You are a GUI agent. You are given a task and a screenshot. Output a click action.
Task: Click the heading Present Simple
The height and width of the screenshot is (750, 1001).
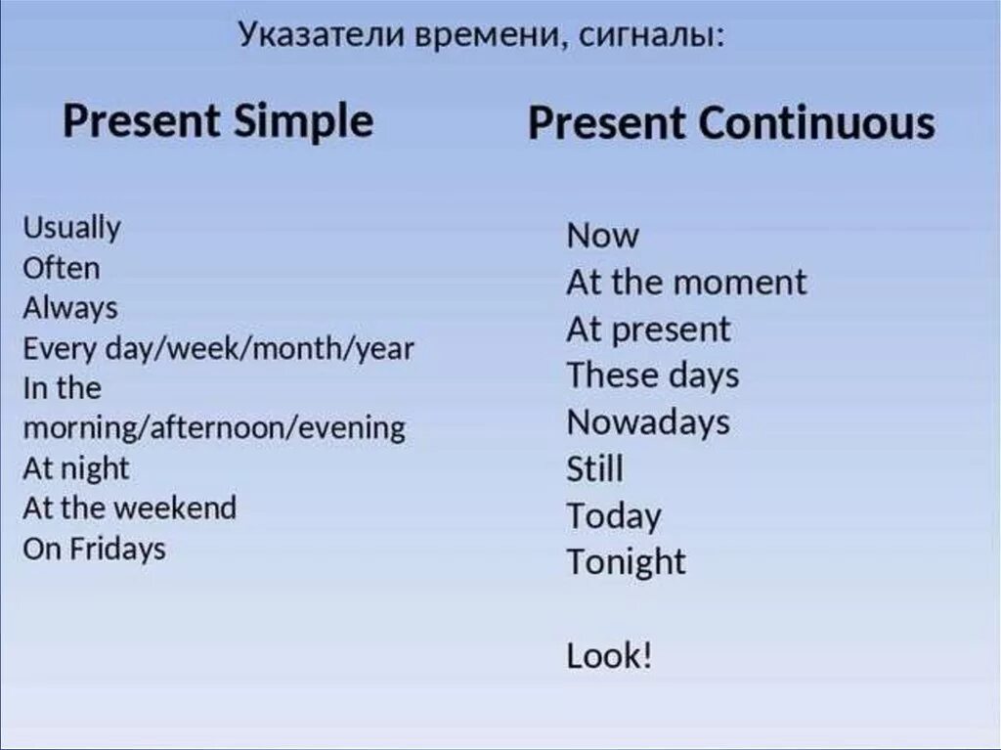pyautogui.click(x=218, y=123)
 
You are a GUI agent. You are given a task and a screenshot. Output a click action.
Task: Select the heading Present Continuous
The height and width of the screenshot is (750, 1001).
pyautogui.click(x=731, y=124)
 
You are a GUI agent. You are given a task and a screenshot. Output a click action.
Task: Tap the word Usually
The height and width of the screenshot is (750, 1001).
pyautogui.click(x=71, y=229)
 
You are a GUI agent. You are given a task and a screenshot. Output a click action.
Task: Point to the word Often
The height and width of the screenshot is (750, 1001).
pyautogui.click(x=61, y=268)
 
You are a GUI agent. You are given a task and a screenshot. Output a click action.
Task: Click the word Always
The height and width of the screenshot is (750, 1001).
pyautogui.click(x=69, y=308)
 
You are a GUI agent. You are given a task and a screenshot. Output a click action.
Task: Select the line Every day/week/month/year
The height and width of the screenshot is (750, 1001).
pyautogui.click(x=218, y=349)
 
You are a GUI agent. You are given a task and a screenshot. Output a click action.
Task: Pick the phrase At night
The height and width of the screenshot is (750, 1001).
pyautogui.click(x=75, y=468)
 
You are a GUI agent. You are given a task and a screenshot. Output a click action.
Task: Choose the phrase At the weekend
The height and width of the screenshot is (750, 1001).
pyautogui.click(x=129, y=508)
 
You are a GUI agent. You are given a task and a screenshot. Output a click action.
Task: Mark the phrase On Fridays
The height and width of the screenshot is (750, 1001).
pyautogui.click(x=94, y=549)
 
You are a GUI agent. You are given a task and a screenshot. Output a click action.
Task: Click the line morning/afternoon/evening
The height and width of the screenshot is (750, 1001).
pyautogui.click(x=213, y=428)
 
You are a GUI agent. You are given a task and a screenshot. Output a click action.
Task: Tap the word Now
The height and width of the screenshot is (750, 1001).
pyautogui.click(x=602, y=236)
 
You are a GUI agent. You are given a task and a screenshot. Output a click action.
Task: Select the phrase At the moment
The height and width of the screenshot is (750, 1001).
pyautogui.click(x=686, y=283)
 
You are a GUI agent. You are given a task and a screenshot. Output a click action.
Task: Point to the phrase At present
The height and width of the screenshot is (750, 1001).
pyautogui.click(x=647, y=330)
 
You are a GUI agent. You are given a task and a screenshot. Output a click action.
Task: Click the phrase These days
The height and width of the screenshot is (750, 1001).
pyautogui.click(x=652, y=375)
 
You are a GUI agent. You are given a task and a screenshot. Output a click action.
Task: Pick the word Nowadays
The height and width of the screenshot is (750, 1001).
pyautogui.click(x=647, y=422)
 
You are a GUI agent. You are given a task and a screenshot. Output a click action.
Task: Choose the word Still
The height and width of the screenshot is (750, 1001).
pyautogui.click(x=594, y=469)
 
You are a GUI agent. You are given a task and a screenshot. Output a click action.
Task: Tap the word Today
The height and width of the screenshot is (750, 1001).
pyautogui.click(x=613, y=515)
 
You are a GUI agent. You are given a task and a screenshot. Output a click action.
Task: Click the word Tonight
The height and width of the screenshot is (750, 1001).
pyautogui.click(x=626, y=562)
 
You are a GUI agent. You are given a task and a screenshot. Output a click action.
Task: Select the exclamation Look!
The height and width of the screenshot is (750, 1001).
pyautogui.click(x=608, y=655)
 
